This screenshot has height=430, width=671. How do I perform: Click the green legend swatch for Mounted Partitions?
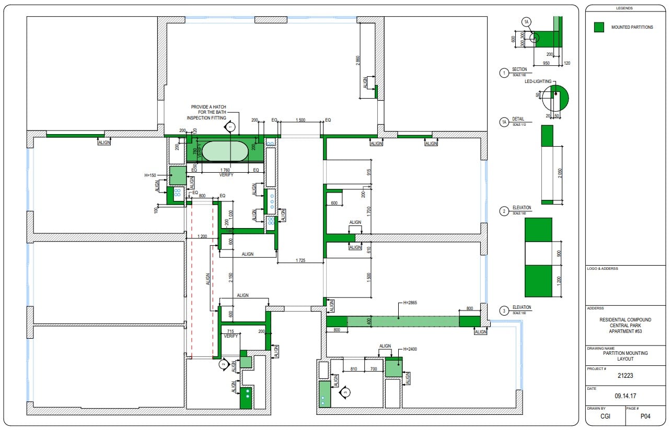coord(599,27)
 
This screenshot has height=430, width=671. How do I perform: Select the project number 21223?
coord(626,375)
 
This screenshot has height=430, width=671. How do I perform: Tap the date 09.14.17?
coord(626,396)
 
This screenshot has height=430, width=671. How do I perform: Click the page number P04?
coord(645,417)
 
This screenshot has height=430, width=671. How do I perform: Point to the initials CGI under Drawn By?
coord(605,417)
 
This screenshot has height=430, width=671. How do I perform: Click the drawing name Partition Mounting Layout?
coord(626,356)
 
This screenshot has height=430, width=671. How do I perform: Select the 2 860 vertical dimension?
coord(358,61)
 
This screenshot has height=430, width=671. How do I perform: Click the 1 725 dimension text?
coord(300,259)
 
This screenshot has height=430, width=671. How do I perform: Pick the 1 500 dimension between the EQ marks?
coord(300,120)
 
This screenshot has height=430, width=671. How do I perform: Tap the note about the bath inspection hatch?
coord(209,112)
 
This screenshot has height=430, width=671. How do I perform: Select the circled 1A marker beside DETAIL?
coord(504,123)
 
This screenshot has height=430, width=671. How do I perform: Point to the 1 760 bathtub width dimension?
coord(226,170)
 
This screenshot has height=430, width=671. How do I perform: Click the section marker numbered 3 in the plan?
coord(345,391)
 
